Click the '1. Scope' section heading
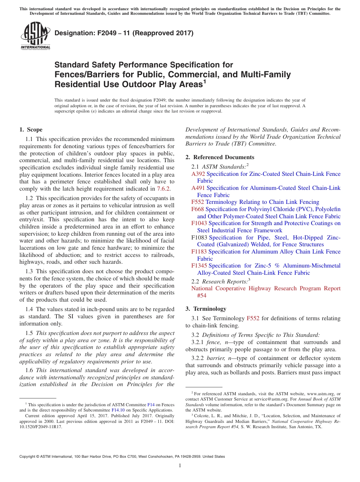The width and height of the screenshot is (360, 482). click(31, 130)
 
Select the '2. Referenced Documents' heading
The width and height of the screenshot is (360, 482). click(220, 157)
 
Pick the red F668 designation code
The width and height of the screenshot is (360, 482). click(198, 209)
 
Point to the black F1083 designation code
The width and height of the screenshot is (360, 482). click(199, 238)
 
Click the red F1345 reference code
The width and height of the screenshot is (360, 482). click(199, 266)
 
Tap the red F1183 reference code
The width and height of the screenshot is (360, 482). click(199, 252)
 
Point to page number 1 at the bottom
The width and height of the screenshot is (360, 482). click(180, 466)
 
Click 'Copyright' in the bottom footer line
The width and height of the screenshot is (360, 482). click(29, 457)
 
